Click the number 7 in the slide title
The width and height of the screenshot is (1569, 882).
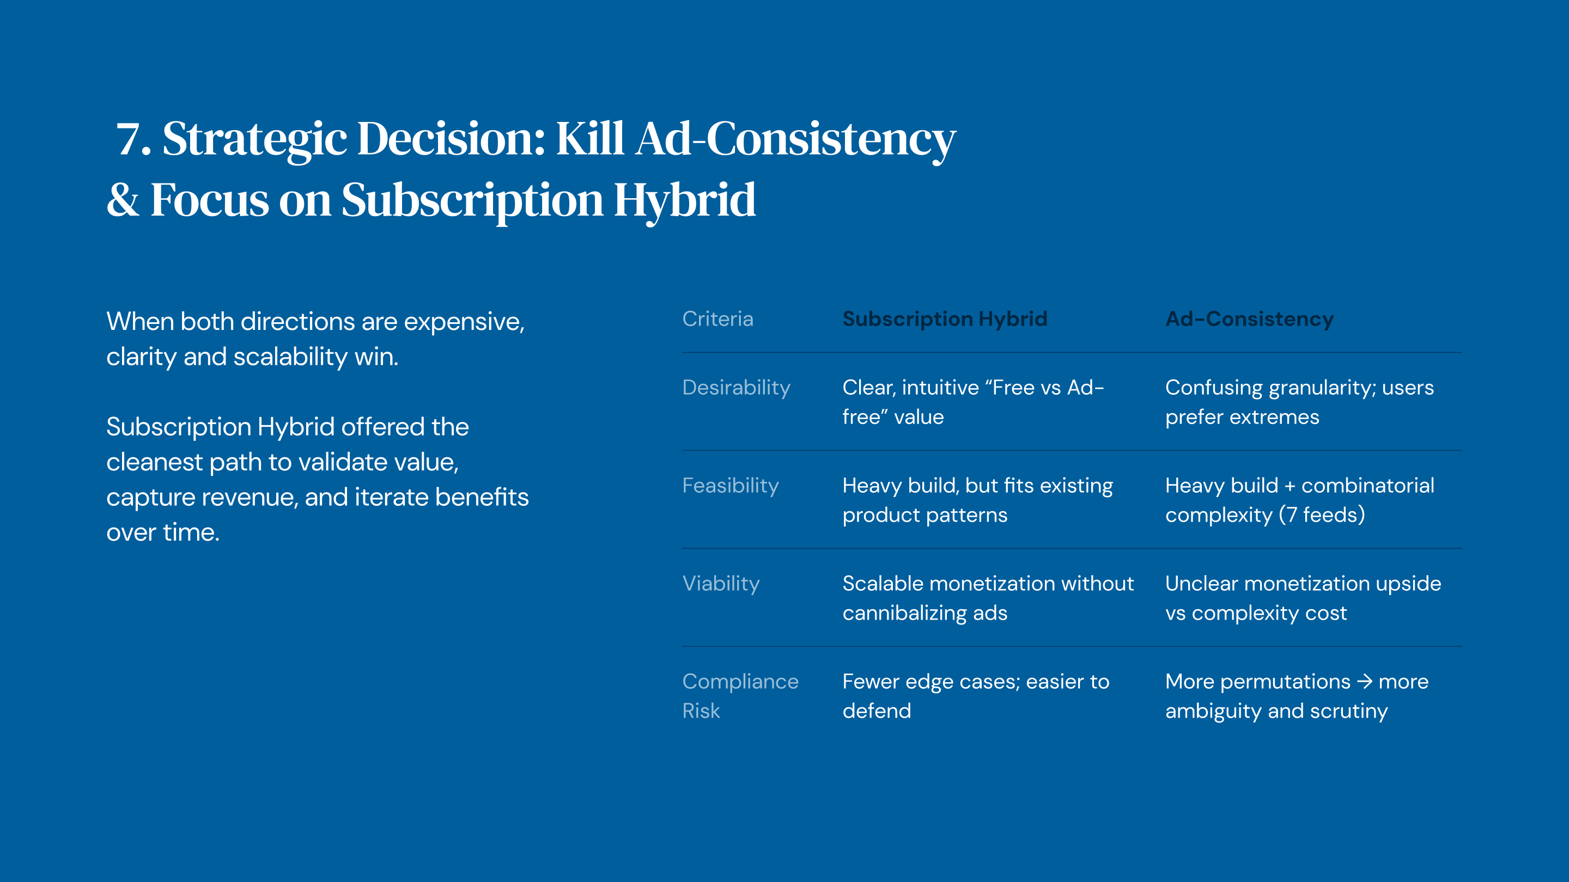[129, 139]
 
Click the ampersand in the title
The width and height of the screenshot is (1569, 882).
[123, 200]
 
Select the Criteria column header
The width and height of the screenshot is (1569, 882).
[717, 319]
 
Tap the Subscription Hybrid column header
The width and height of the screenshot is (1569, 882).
[945, 319]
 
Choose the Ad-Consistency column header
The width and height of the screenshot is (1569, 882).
[1249, 319]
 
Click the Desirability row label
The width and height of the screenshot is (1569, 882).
[737, 388]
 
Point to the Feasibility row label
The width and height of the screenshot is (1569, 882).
[730, 486]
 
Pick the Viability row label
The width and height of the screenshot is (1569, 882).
[721, 584]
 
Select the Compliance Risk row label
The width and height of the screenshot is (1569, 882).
[740, 696]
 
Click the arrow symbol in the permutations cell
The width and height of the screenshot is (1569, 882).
[1364, 681]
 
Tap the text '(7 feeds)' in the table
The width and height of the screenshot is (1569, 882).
[1321, 515]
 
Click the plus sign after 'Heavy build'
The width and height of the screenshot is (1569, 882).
[1290, 486]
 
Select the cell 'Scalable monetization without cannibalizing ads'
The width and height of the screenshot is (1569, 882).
[988, 598]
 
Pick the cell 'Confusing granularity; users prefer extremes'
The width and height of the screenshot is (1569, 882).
[1299, 402]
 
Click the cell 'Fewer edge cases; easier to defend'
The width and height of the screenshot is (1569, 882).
[976, 696]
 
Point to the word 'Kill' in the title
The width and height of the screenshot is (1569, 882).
[589, 139]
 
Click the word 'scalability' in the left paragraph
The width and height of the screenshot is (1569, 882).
[290, 357]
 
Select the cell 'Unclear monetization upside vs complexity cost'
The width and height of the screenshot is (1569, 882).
[1303, 598]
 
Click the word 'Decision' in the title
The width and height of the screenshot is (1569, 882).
[450, 139]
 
